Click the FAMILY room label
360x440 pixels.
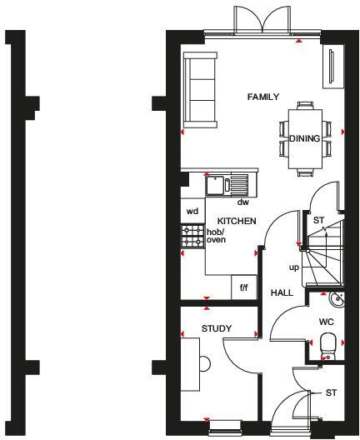(263, 97)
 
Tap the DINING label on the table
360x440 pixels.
(304, 139)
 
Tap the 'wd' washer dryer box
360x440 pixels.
(192, 211)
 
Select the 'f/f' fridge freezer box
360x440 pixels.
(244, 287)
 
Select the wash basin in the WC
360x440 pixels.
(336, 297)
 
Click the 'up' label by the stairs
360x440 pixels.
(293, 267)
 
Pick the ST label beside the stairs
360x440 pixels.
(318, 220)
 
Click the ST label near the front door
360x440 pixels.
(331, 392)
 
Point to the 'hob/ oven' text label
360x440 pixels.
(216, 236)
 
